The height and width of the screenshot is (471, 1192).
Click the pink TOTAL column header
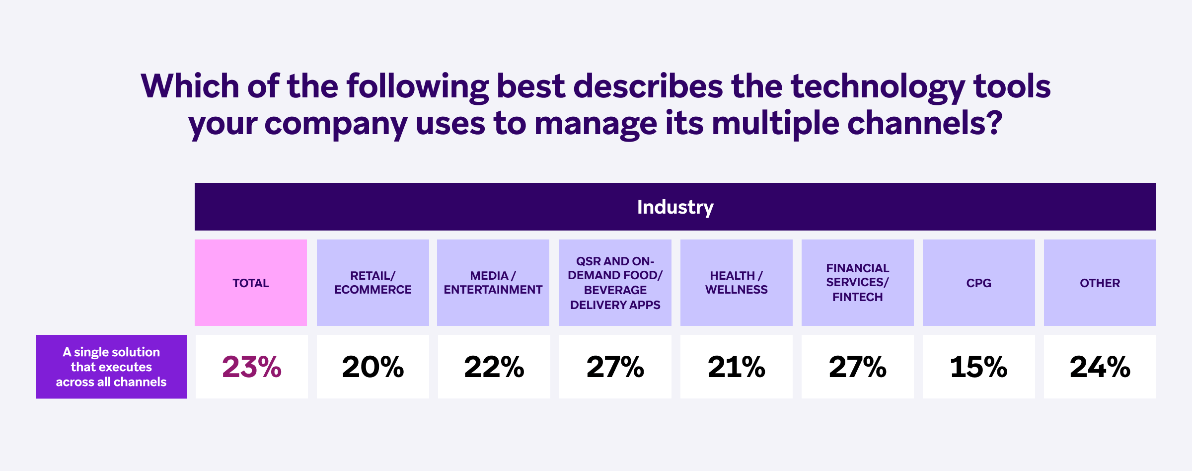pos(251,283)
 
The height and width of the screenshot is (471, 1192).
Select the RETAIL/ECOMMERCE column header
pos(373,283)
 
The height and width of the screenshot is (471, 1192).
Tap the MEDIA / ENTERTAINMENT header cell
pos(493,283)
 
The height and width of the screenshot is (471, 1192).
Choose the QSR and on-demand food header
pos(615,283)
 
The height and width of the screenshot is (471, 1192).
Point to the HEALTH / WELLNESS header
pos(737,283)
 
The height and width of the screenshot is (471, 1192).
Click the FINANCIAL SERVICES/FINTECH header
pos(858,283)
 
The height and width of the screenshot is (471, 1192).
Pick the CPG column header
pos(979,283)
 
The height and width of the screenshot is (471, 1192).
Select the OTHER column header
pos(1100,283)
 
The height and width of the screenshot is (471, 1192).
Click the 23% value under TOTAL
pos(252,367)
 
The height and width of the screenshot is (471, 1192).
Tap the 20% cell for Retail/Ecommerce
pos(373,367)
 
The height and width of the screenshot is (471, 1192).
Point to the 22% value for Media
pos(494,367)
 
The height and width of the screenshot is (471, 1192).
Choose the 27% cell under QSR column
pos(615,367)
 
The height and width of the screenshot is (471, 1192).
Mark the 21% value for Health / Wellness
pos(737,367)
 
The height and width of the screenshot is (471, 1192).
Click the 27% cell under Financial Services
pos(858,367)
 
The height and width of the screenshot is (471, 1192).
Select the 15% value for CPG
pos(979,367)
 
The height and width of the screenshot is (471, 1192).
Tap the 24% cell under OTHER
pos(1100,367)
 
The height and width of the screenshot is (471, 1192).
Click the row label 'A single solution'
pos(111,367)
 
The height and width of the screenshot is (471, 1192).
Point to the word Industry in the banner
pos(675,207)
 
